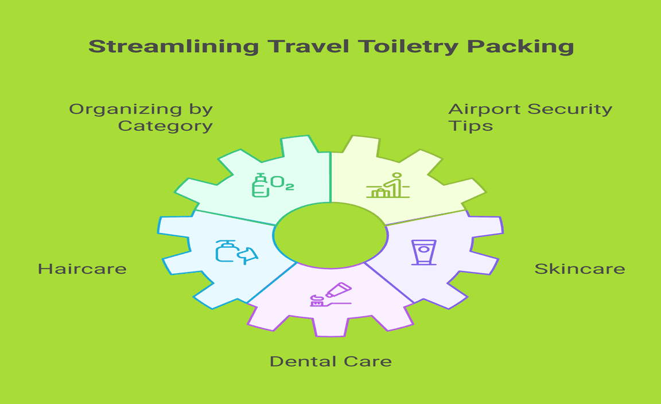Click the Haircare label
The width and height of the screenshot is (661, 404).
pyautogui.click(x=82, y=269)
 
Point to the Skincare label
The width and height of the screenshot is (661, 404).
pyautogui.click(x=580, y=269)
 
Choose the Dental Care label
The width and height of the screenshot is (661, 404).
pyautogui.click(x=330, y=362)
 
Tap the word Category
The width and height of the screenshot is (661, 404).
pyautogui.click(x=165, y=126)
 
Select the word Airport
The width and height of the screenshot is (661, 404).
pyautogui.click(x=485, y=109)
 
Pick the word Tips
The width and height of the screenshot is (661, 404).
pyautogui.click(x=471, y=126)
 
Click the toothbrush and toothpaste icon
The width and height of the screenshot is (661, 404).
pyautogui.click(x=330, y=294)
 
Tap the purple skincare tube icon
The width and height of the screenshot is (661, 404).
pyautogui.click(x=423, y=252)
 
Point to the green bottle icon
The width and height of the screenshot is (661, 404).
pyautogui.click(x=261, y=185)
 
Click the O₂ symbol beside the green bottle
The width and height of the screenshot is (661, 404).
pyautogui.click(x=282, y=183)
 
